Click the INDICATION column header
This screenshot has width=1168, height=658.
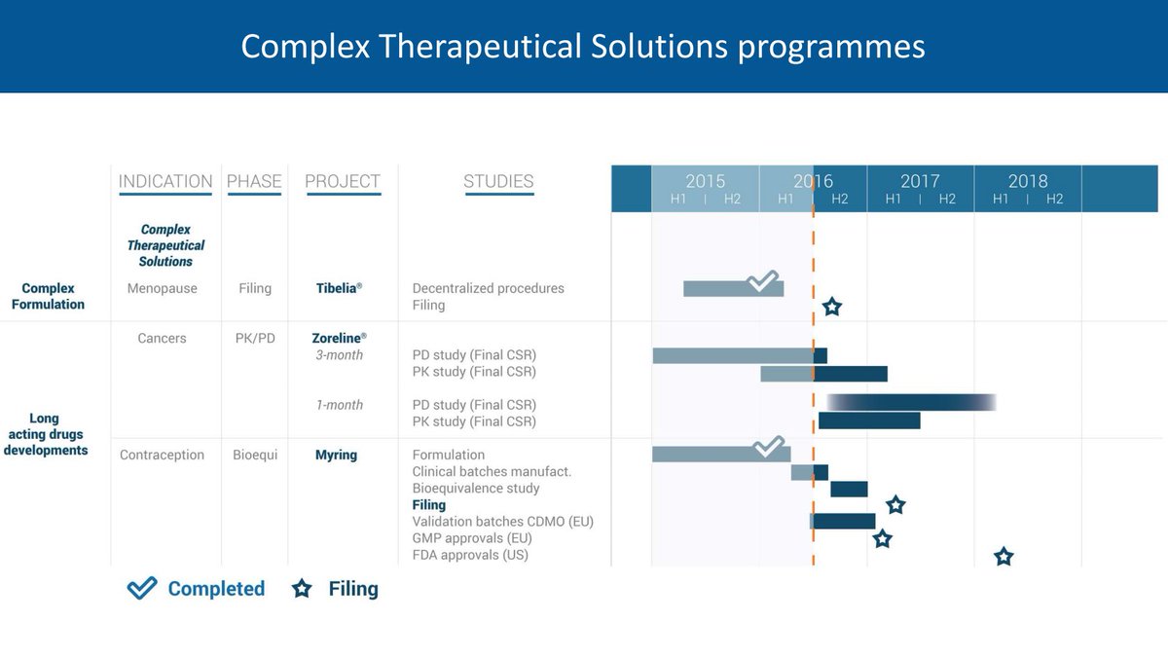pyautogui.click(x=165, y=181)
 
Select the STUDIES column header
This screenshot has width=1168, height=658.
pyautogui.click(x=498, y=181)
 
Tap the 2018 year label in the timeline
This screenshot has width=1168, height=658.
pyautogui.click(x=1028, y=181)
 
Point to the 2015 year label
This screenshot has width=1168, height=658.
pyautogui.click(x=706, y=181)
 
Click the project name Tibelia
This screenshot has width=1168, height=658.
pyautogui.click(x=339, y=288)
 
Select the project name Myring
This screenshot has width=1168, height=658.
pyautogui.click(x=336, y=455)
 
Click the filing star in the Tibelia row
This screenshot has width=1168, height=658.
pyautogui.click(x=831, y=308)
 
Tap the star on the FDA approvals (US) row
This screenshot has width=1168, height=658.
pyautogui.click(x=1004, y=557)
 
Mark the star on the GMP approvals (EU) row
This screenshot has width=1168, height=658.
pyautogui.click(x=882, y=538)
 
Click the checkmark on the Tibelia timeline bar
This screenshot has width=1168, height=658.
pyautogui.click(x=763, y=282)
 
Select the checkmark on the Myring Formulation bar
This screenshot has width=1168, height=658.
pyautogui.click(x=769, y=447)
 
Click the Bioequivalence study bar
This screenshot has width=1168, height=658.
pyautogui.click(x=849, y=489)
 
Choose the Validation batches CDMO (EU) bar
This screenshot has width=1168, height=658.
pyautogui.click(x=843, y=521)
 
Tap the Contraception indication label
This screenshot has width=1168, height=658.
pyautogui.click(x=162, y=455)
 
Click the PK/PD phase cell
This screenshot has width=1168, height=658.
pyautogui.click(x=255, y=338)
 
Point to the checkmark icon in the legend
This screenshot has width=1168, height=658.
pyautogui.click(x=142, y=588)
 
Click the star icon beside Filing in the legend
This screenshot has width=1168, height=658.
pyautogui.click(x=302, y=589)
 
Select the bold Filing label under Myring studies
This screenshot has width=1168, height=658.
pyautogui.click(x=428, y=505)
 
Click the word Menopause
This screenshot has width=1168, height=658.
pyautogui.click(x=162, y=288)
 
